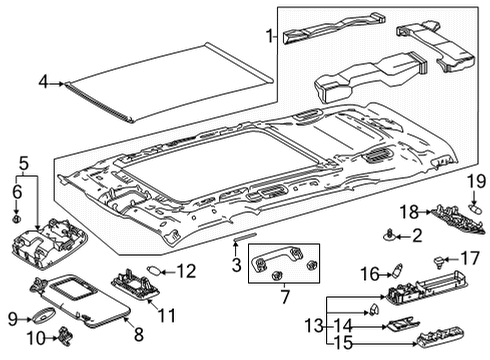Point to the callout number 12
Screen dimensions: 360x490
(187, 270)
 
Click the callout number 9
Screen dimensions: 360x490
(12, 318)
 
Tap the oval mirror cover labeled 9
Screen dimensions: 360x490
(39, 318)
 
